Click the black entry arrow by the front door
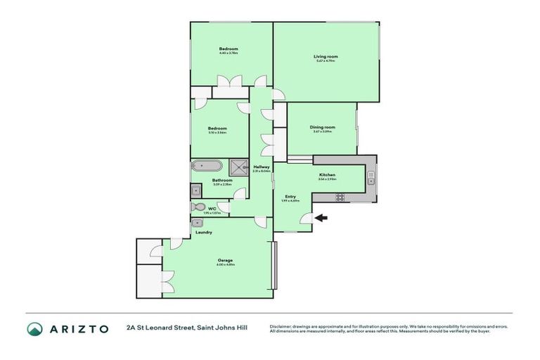tap(321, 218)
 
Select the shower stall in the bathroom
tap(240, 167)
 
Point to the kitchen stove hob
tap(340, 198)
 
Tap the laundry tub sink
tap(196, 223)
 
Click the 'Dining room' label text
tap(323, 127)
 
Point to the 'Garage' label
tap(225, 260)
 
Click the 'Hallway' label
tap(261, 167)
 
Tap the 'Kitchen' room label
tap(327, 174)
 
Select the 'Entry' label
tap(290, 196)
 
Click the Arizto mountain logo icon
tap(34, 328)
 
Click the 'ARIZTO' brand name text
tap(78, 328)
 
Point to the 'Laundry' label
tap(204, 232)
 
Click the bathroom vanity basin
tap(195, 190)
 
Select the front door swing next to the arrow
tap(306, 221)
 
